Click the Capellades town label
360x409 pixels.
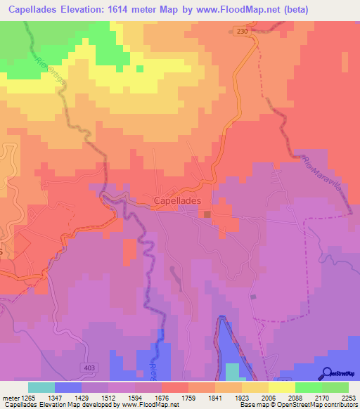[177, 200]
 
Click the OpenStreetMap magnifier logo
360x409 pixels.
[326, 373]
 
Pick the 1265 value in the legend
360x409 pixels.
[28, 398]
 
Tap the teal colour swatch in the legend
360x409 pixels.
[41, 387]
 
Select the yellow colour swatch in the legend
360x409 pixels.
[281, 387]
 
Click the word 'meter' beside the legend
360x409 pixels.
[10, 398]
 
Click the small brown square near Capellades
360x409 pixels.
[208, 214]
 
